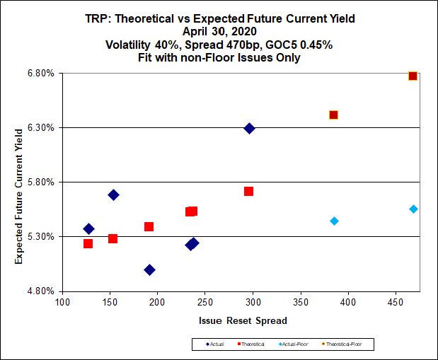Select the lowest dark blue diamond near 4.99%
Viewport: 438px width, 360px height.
coord(149,269)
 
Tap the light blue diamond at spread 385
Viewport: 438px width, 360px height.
coord(334,221)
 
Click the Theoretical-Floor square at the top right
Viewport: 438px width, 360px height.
coord(413,76)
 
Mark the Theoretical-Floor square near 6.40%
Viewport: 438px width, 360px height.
coord(333,115)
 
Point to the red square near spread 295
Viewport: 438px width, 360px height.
coord(248,191)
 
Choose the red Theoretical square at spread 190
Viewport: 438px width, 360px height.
coord(149,226)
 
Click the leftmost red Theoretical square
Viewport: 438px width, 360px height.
coord(88,243)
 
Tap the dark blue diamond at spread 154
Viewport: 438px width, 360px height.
coord(113,194)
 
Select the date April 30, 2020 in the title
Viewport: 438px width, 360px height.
coord(218,32)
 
